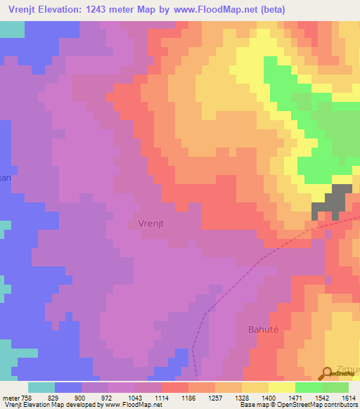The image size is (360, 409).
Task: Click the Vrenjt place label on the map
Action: pyautogui.click(x=146, y=223)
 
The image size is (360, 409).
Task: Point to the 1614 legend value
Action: pyautogui.click(x=349, y=398)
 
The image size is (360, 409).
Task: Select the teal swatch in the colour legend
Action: pyautogui.click(x=41, y=387)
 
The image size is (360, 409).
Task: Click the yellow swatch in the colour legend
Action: pyautogui.click(x=281, y=387)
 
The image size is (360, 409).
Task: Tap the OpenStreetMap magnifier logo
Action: pyautogui.click(x=328, y=374)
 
